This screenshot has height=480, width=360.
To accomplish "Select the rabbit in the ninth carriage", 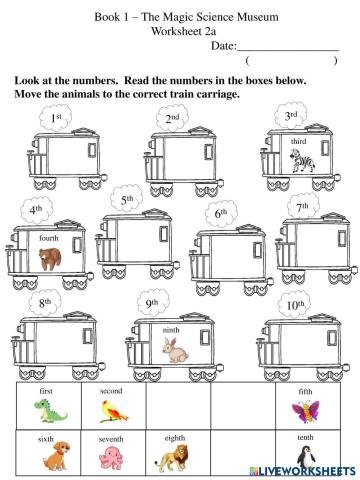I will [176, 349].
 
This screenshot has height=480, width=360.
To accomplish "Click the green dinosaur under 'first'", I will [46, 410].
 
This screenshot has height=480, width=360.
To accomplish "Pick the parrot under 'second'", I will [110, 410].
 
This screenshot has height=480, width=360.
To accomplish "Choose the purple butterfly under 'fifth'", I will [304, 411].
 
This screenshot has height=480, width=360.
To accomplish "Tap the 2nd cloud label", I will [172, 120].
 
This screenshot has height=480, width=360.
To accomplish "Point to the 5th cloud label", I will [127, 200].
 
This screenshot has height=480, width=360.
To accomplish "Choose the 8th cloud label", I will [45, 301].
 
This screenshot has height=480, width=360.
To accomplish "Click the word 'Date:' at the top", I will [224, 46].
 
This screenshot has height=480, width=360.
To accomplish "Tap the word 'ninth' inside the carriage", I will [171, 328].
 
